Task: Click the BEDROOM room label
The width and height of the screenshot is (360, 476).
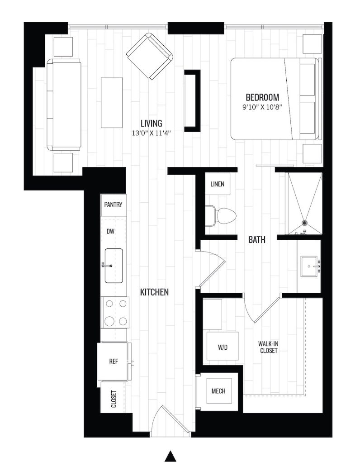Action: point(262,97)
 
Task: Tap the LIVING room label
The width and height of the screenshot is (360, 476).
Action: point(151,123)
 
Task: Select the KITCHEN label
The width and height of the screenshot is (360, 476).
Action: point(154,292)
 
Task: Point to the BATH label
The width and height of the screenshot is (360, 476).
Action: point(257,240)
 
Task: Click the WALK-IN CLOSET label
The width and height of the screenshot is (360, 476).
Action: point(268,347)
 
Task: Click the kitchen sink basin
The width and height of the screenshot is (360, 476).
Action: point(114,266)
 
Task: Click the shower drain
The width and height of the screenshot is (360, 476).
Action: point(304,223)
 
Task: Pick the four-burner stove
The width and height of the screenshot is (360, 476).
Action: point(115,312)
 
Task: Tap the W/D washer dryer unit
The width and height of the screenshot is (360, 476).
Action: point(223,347)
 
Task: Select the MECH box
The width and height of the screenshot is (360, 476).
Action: point(218,391)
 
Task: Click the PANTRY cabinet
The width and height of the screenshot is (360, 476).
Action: point(114,205)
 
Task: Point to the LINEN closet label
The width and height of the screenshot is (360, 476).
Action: point(218,184)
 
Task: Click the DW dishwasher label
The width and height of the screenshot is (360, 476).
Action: point(110,231)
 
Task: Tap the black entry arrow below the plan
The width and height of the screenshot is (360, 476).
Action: point(171,456)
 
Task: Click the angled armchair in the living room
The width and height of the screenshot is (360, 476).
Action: point(150,57)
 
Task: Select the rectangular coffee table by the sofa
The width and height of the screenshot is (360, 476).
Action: point(112,103)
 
